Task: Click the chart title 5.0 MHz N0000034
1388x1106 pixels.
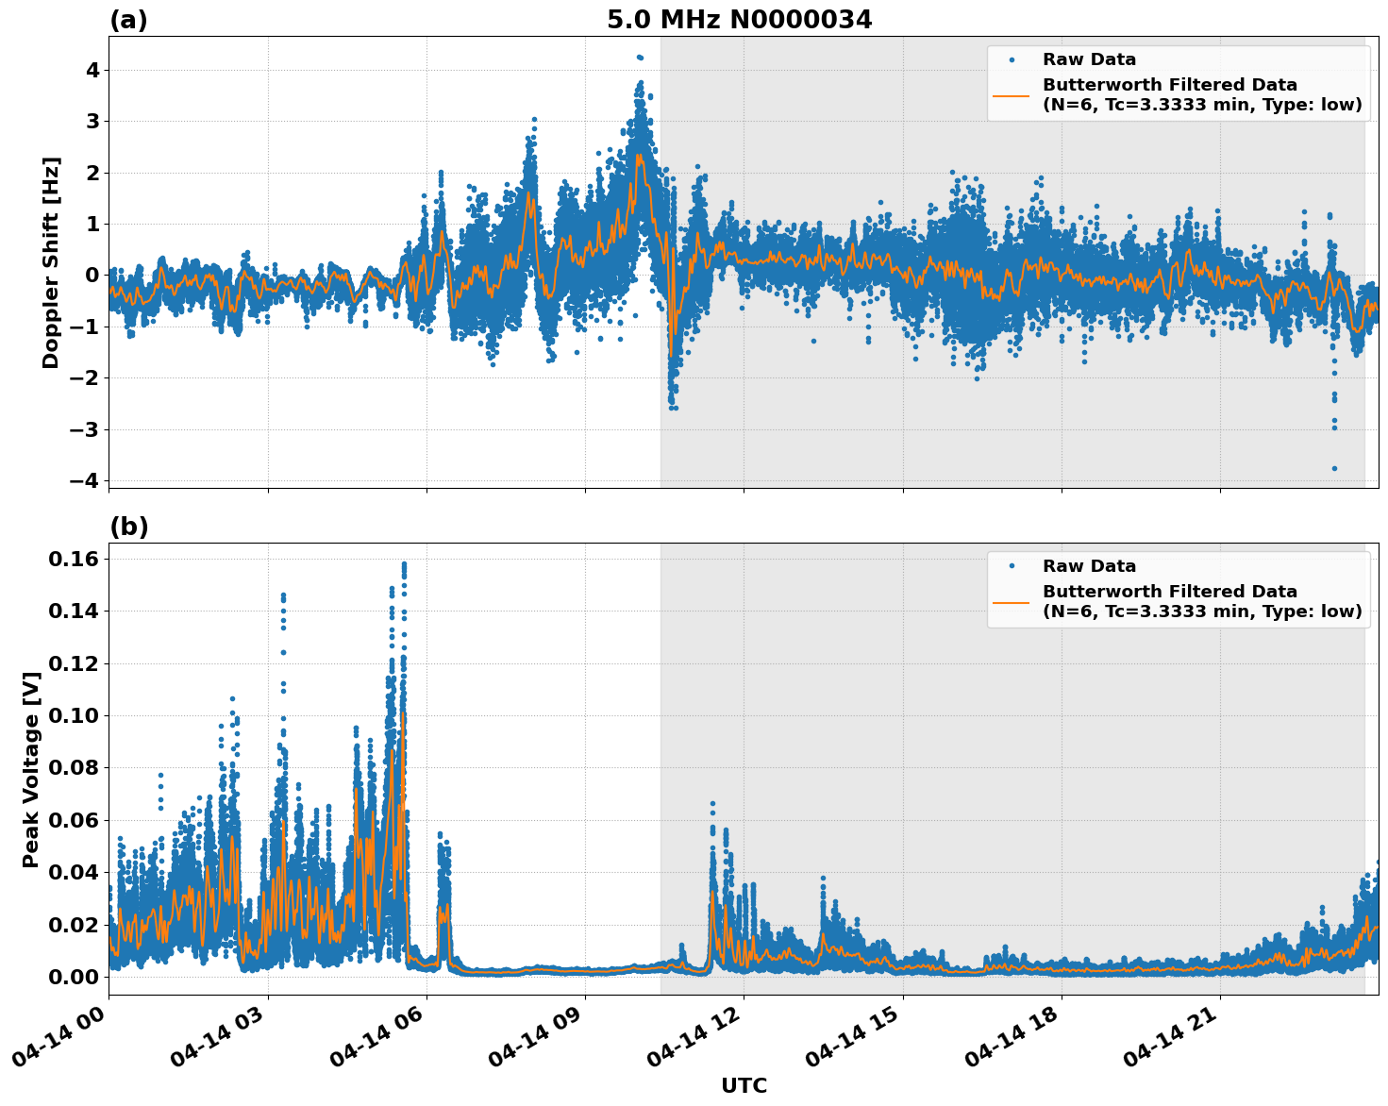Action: tap(739, 20)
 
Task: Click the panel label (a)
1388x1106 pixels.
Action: tap(128, 20)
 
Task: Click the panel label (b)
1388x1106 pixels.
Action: tap(128, 527)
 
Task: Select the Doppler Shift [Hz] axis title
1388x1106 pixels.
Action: tap(51, 262)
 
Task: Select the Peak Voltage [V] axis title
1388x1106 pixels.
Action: tap(31, 769)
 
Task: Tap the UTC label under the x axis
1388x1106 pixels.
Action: tap(744, 1086)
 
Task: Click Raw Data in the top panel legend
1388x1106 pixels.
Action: tap(1089, 59)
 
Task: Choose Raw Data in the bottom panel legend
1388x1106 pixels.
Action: tap(1089, 566)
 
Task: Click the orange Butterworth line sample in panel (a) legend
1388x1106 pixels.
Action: tap(1011, 94)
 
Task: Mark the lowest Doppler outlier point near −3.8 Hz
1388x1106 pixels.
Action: tap(1334, 468)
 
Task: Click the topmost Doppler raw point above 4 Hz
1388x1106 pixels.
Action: tap(639, 58)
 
